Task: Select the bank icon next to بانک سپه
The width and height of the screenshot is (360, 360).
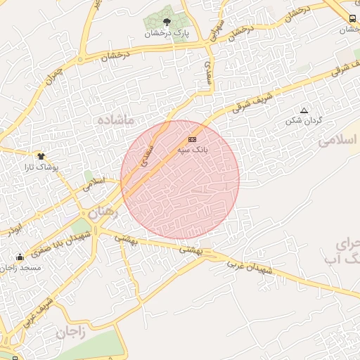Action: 192,141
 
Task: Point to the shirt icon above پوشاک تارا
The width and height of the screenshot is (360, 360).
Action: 41,156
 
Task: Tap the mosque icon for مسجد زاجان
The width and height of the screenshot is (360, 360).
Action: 20,257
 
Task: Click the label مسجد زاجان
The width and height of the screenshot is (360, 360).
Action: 21,267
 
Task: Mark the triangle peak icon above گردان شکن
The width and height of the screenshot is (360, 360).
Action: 304,110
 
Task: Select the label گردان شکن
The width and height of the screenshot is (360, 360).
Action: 304,121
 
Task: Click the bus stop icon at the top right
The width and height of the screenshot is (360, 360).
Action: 352,19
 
